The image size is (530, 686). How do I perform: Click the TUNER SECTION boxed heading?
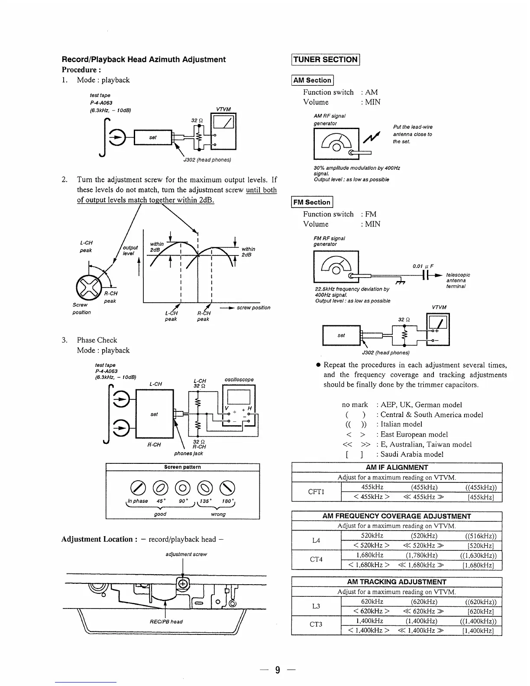(x=326, y=60)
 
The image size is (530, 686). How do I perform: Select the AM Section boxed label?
(x=312, y=80)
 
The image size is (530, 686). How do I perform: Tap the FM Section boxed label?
(x=312, y=202)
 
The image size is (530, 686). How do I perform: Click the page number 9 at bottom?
(x=278, y=670)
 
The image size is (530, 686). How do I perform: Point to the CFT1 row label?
(x=316, y=492)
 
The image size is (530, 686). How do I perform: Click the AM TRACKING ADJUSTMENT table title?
(x=396, y=582)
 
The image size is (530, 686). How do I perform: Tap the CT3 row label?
(x=316, y=625)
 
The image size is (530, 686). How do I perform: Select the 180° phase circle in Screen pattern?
(x=227, y=488)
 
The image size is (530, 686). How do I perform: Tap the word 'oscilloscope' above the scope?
(x=239, y=380)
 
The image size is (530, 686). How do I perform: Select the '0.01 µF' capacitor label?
(x=423, y=266)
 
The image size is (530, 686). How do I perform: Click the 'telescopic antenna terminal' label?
(x=458, y=280)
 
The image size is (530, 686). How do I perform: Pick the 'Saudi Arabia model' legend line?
(x=412, y=454)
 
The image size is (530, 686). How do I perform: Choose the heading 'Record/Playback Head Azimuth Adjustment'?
(x=144, y=60)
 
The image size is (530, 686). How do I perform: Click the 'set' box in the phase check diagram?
(x=154, y=414)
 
